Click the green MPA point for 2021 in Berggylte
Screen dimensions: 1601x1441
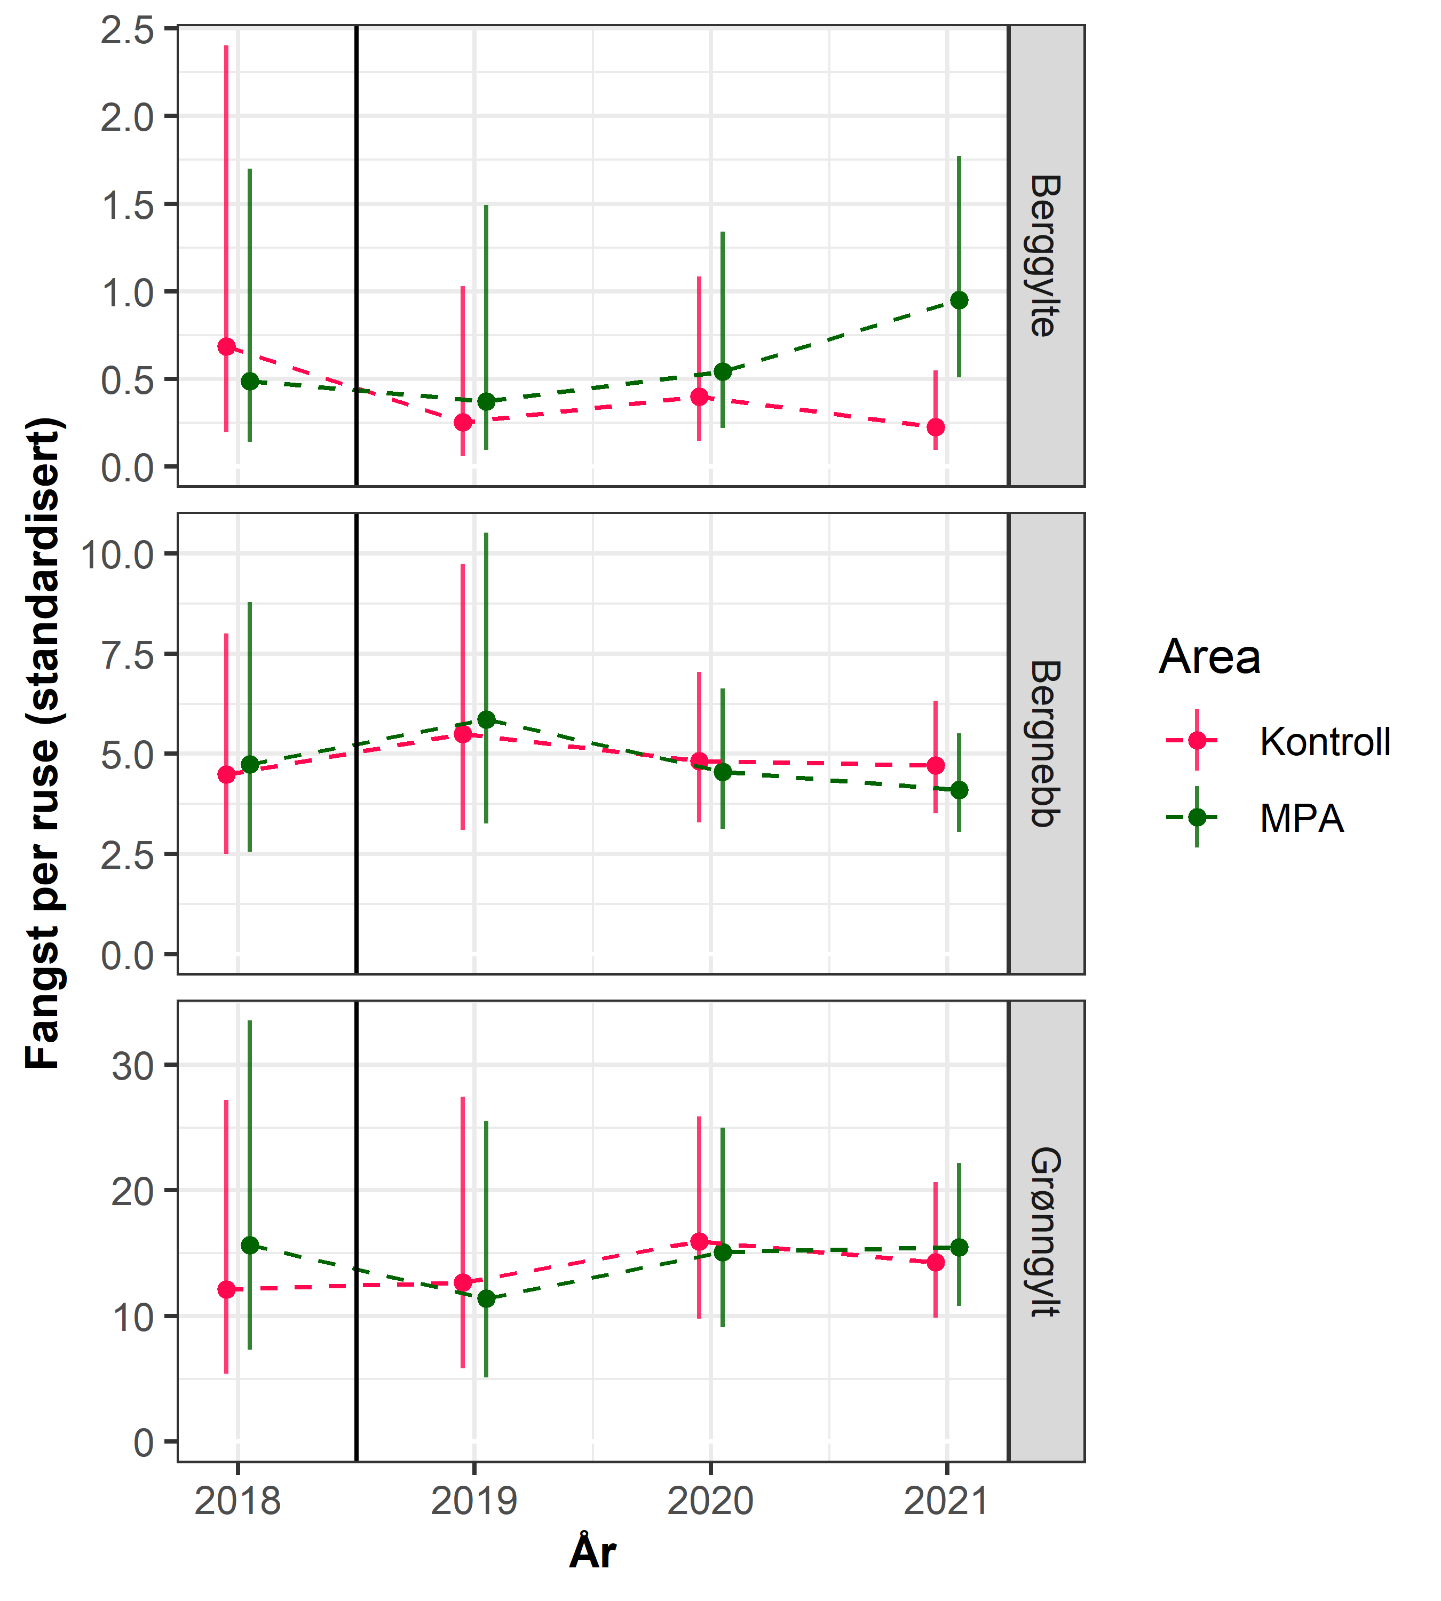coord(959,300)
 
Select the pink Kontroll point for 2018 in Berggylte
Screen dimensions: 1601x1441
coord(226,346)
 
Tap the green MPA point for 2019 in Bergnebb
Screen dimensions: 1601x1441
coord(486,719)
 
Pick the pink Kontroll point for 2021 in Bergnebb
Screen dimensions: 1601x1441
coord(936,765)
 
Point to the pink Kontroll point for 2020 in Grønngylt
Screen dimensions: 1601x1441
coord(699,1241)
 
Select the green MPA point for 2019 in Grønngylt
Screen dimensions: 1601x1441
coord(486,1298)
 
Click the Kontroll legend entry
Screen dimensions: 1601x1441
coord(1324,741)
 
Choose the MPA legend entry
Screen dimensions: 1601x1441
coord(1301,818)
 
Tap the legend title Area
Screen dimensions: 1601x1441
coord(1209,657)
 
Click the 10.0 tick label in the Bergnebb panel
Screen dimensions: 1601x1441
coord(117,554)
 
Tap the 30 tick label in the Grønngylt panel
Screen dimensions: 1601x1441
coord(132,1066)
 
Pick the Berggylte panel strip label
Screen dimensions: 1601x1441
coord(1045,256)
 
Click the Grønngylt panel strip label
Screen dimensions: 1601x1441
coord(1045,1231)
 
